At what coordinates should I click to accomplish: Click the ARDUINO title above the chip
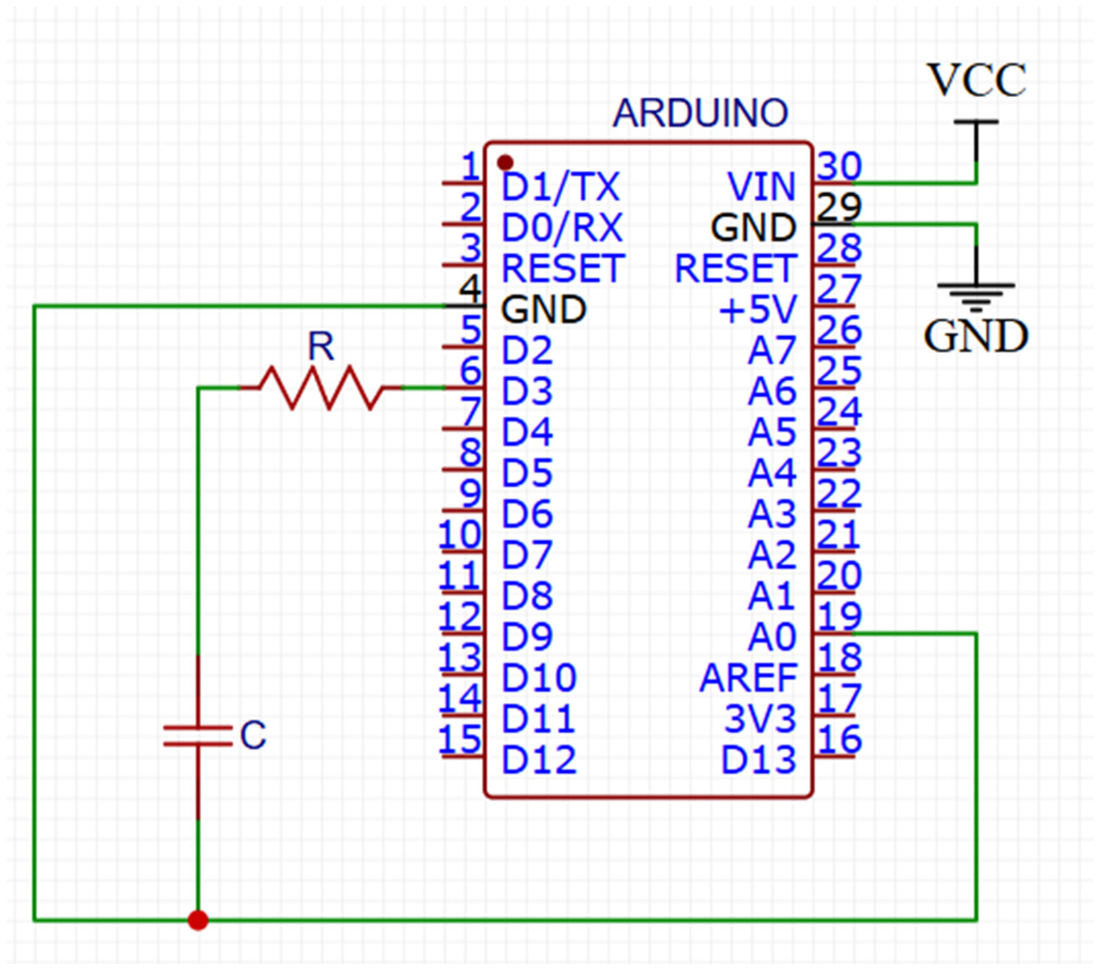point(700,113)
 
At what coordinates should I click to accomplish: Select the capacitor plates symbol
point(198,736)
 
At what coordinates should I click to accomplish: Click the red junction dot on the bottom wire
point(198,920)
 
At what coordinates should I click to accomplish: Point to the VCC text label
point(976,81)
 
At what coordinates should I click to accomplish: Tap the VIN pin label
point(761,187)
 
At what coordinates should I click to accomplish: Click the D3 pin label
point(527,391)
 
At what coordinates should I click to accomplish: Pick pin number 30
point(839,166)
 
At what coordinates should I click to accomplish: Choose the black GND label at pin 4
point(543,309)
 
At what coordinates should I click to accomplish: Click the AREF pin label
point(748,678)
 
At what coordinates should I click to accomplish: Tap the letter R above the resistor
point(321,347)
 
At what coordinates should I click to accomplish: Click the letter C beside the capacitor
point(253,735)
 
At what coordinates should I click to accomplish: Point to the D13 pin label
point(759,760)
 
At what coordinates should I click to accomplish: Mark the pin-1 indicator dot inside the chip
point(505,162)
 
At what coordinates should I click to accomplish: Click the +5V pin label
point(758,309)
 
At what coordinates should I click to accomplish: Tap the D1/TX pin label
point(561,187)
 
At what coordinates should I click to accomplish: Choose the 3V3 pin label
point(760,719)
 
